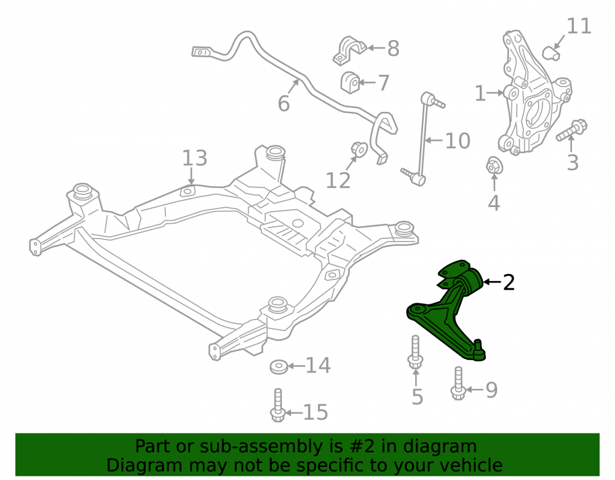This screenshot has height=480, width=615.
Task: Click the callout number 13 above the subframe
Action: tap(194, 158)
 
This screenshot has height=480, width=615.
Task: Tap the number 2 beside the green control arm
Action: tap(509, 282)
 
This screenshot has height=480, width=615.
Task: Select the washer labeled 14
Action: tap(279, 366)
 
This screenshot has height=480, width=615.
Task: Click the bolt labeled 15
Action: tap(278, 405)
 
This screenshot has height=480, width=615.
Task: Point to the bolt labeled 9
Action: tap(458, 384)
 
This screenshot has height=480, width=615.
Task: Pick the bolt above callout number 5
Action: tap(415, 352)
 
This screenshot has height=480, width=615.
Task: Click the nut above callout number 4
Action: tap(494, 166)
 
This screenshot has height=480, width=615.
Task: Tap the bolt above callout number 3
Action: tap(572, 130)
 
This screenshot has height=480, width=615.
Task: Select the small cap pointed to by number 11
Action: tap(551, 53)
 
